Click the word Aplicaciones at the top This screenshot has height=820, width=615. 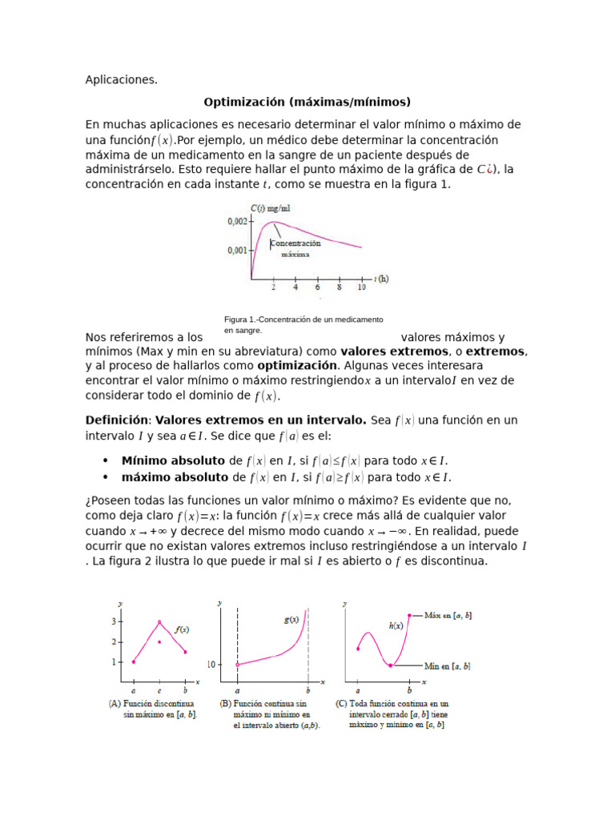point(121,79)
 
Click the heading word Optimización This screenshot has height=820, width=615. point(244,102)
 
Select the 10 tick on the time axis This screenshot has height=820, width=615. point(361,287)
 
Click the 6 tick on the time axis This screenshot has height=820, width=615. point(317,287)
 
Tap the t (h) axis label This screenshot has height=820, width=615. point(382,279)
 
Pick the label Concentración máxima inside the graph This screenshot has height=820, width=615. point(295,247)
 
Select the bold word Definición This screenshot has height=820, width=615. point(118,420)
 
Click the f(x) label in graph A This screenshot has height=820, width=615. point(182,629)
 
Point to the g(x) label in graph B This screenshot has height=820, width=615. point(291,619)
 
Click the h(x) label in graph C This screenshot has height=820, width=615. point(396,625)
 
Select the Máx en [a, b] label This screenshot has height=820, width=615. point(448,615)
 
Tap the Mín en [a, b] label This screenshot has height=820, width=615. point(447,665)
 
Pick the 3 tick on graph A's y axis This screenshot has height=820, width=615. point(114,621)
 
